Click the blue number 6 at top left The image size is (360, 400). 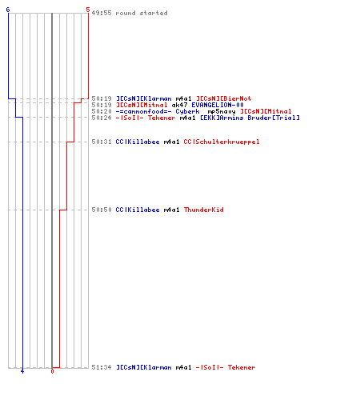point(8,10)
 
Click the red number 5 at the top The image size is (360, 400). point(88,10)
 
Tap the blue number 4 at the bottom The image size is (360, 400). point(22,371)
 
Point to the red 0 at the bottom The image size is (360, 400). point(52,371)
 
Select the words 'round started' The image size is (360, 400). point(142,13)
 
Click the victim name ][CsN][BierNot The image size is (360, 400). point(224,98)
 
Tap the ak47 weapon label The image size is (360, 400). point(179,105)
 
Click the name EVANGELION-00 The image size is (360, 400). point(218,105)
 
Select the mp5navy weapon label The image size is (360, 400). point(222,111)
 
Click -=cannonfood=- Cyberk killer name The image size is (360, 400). point(158,111)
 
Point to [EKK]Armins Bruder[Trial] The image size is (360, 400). point(250,118)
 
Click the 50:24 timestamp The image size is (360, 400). point(102,118)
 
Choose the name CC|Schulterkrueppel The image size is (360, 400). point(222,142)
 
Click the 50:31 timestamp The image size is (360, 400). point(102,142)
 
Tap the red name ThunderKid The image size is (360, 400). point(204,210)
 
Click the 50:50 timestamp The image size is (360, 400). point(102,210)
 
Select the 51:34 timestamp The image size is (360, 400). point(102,367)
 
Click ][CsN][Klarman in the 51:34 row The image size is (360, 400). point(144,367)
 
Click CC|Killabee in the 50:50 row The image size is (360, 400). point(138,210)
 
